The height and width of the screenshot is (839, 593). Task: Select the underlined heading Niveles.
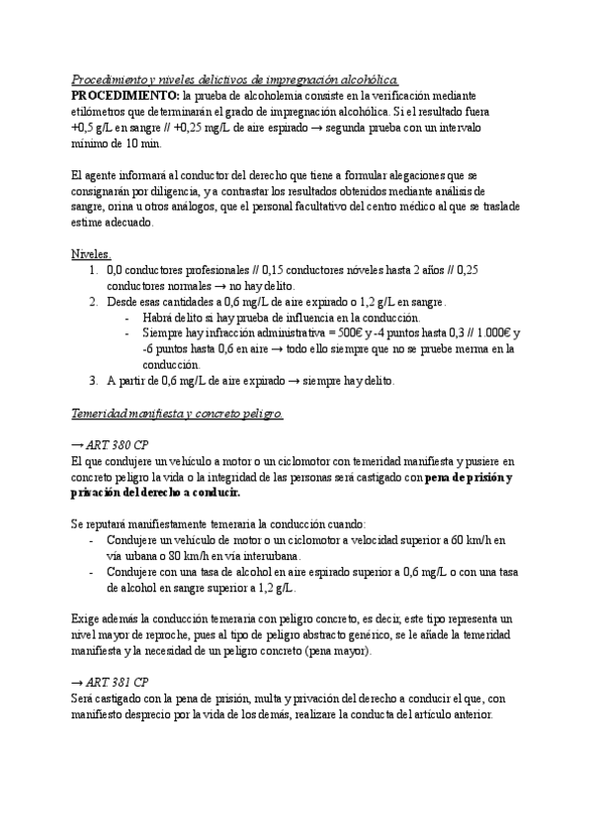click(92, 253)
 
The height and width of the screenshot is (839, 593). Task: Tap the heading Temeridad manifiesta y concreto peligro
click(178, 414)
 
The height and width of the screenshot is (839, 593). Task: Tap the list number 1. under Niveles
click(92, 269)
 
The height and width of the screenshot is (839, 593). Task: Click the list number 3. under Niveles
click(92, 381)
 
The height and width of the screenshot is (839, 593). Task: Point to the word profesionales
click(212, 269)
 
